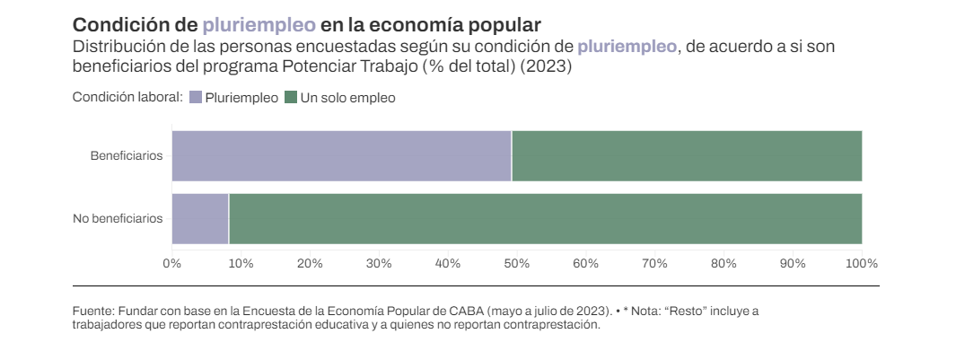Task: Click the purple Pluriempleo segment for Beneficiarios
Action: [341, 156]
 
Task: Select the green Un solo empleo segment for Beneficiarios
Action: [687, 156]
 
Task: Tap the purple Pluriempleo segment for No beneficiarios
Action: [200, 218]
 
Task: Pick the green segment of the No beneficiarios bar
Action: [545, 218]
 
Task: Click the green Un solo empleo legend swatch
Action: [290, 98]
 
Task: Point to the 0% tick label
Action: [171, 263]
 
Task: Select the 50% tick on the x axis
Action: [517, 263]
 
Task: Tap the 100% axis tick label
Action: [862, 263]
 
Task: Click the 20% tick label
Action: [310, 263]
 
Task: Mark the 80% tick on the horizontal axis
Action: [724, 263]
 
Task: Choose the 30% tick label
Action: [379, 263]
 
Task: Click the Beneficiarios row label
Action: [127, 156]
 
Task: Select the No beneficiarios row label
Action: [118, 218]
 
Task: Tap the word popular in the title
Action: [501, 25]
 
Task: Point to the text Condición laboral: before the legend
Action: [127, 98]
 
